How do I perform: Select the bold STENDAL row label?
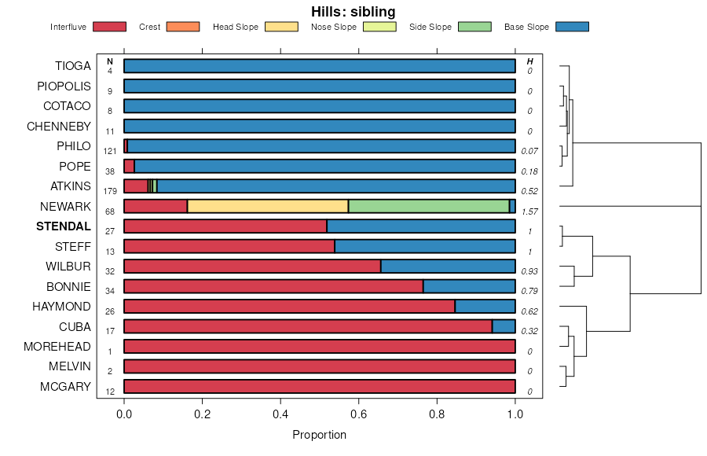(x=62, y=226)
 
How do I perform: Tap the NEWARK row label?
(x=65, y=207)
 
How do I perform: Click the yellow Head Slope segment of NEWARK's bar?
(x=267, y=206)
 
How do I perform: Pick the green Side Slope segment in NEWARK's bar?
(x=428, y=206)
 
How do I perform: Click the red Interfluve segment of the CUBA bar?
(x=308, y=326)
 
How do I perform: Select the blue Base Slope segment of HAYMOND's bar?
(x=485, y=307)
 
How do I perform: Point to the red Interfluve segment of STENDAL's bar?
(x=225, y=226)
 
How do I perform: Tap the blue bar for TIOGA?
(x=319, y=66)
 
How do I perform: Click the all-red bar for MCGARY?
(x=319, y=386)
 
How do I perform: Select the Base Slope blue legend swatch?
(x=572, y=27)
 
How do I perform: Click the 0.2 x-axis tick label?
(x=202, y=414)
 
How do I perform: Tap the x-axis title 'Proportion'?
(x=319, y=435)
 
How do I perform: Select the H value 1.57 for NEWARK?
(x=529, y=211)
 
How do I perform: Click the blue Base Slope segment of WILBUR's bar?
(x=448, y=267)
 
